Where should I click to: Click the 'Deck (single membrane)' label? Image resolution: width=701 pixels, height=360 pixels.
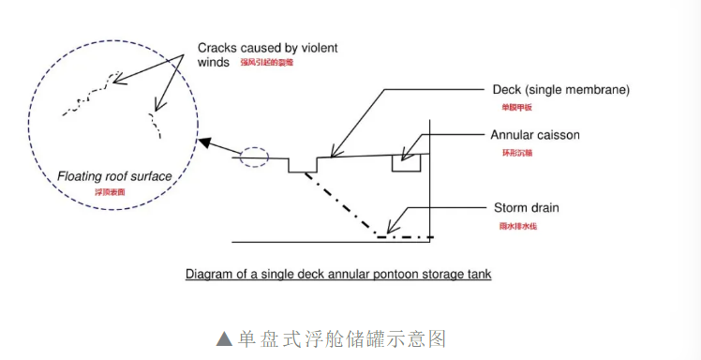tap(560, 90)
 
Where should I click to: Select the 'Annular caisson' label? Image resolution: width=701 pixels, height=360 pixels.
tap(535, 135)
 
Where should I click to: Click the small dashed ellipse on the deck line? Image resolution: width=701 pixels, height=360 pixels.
tap(254, 157)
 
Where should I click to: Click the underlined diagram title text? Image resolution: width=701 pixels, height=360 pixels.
tap(338, 275)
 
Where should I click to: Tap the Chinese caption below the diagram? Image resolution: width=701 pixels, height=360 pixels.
tap(348, 337)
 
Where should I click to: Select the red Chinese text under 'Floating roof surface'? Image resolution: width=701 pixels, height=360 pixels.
tap(110, 192)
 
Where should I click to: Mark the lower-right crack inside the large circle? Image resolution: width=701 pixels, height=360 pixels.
tap(153, 121)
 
